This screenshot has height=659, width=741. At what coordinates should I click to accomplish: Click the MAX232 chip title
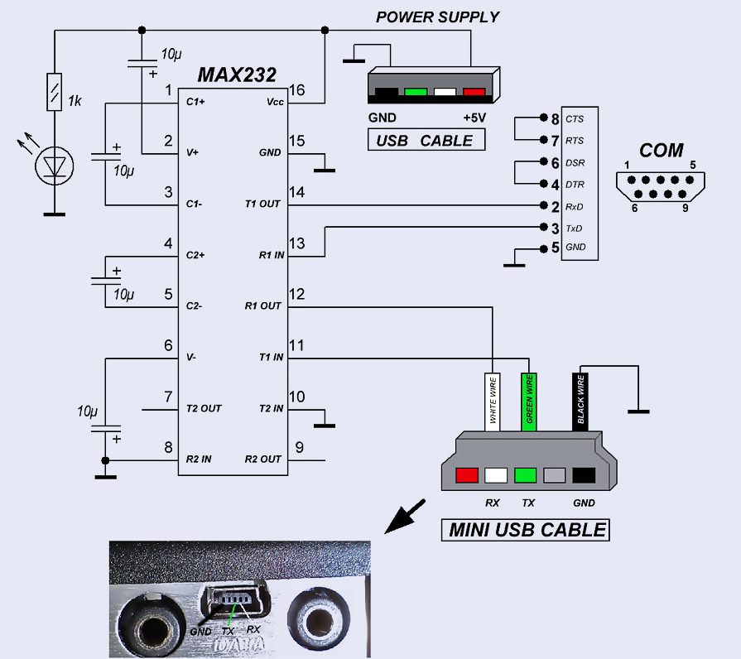(236, 75)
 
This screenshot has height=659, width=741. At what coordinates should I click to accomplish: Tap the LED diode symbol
(55, 166)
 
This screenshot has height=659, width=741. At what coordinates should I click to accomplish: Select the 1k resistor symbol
(55, 92)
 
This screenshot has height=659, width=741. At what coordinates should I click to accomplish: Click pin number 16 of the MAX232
(298, 89)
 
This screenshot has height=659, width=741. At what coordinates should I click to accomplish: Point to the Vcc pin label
(274, 102)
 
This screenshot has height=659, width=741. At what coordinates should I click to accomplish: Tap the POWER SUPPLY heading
(438, 17)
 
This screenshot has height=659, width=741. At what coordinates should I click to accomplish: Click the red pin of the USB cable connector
(474, 92)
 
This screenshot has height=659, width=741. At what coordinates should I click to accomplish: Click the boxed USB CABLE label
(426, 140)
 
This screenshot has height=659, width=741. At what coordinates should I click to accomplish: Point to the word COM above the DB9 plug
(661, 151)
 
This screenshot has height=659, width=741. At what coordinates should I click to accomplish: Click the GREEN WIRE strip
(527, 402)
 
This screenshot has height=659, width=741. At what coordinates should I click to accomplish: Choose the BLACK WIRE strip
(581, 402)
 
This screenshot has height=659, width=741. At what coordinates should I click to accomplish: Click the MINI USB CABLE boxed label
(527, 529)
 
